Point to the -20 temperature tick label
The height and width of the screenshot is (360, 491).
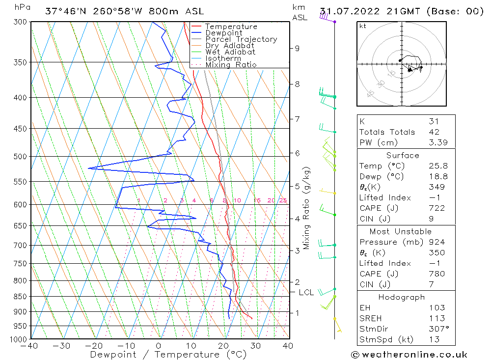(94, 346)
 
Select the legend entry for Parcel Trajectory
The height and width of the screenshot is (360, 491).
(241, 39)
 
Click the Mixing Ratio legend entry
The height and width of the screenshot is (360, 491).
(231, 65)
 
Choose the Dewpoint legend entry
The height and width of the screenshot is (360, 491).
(224, 33)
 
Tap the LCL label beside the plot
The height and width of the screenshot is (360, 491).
(306, 293)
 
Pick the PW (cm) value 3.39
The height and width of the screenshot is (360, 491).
(437, 143)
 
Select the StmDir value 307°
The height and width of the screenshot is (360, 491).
(437, 329)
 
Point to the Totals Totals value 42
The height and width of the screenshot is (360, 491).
(434, 132)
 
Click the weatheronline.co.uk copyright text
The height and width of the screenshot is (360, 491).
(409, 355)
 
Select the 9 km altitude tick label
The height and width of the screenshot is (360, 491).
(297, 48)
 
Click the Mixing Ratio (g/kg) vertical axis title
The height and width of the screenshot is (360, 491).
(307, 208)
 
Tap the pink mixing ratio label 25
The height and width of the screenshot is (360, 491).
(283, 200)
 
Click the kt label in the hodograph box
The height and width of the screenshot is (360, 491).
(363, 26)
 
